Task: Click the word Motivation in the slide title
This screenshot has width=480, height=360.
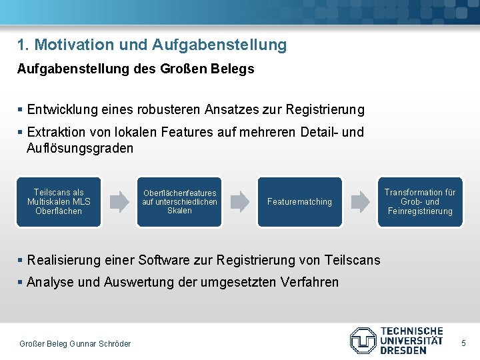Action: click(72, 45)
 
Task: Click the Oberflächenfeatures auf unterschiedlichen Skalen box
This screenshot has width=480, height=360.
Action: click(179, 201)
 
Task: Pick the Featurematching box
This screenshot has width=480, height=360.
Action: click(299, 201)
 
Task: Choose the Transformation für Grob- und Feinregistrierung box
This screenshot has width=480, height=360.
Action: click(420, 201)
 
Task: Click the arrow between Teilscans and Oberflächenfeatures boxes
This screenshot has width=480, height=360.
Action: click(119, 201)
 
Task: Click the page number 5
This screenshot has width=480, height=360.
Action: click(464, 343)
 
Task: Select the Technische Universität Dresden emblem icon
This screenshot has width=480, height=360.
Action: click(363, 340)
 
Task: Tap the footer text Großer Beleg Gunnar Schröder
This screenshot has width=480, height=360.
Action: click(75, 343)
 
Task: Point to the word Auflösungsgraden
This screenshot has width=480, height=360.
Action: click(79, 148)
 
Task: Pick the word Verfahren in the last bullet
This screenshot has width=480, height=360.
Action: click(311, 282)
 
